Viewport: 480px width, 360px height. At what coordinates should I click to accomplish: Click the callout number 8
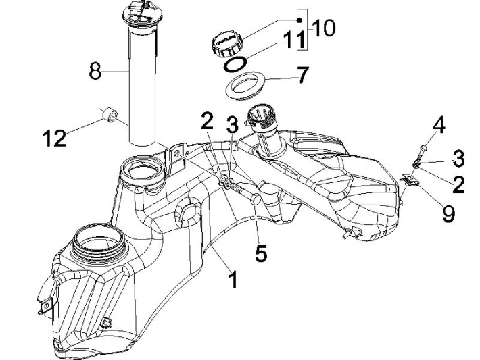coord(96,71)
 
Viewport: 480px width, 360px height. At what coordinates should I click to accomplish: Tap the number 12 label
coord(55,138)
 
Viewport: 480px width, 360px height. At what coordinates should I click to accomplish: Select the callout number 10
coord(322,29)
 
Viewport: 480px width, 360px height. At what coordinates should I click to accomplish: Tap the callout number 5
coord(261,253)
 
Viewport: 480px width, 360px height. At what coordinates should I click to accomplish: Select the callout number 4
coord(439,126)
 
